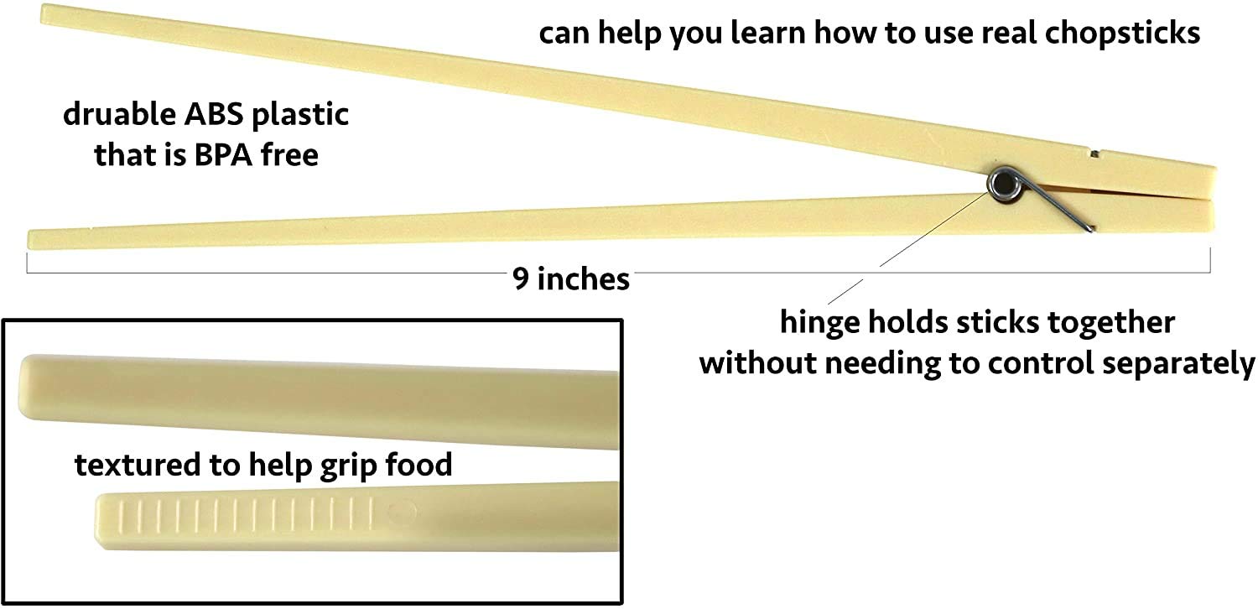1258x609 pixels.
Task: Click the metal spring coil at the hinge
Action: coord(1004,184)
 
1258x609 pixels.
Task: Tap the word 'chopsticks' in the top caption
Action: coord(1123,34)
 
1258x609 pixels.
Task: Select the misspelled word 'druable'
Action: coord(120,114)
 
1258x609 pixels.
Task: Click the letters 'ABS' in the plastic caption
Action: coord(214,114)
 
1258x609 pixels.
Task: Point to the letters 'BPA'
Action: coord(224,154)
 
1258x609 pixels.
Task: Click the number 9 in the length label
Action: coord(521,278)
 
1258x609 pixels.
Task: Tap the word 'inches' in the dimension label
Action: coord(584,278)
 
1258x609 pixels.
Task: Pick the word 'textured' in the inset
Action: coord(137,466)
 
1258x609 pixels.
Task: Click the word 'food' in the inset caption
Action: coord(418,466)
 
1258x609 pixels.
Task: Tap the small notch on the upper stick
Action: coord(1094,153)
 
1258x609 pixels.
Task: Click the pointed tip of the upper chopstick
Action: coord(44,13)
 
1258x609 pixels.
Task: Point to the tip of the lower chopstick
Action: coord(30,239)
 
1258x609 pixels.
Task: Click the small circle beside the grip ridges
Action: coord(401,512)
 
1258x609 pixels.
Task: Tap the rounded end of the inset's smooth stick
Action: coord(23,387)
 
